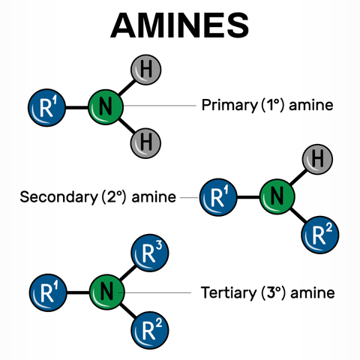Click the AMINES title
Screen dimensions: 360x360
click(179, 25)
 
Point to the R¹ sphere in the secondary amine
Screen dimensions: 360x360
click(218, 198)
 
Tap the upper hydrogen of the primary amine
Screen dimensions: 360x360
click(145, 70)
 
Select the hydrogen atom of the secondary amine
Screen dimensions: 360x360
click(317, 159)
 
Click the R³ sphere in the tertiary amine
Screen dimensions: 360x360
click(148, 253)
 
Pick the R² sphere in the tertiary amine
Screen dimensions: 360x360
click(148, 328)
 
